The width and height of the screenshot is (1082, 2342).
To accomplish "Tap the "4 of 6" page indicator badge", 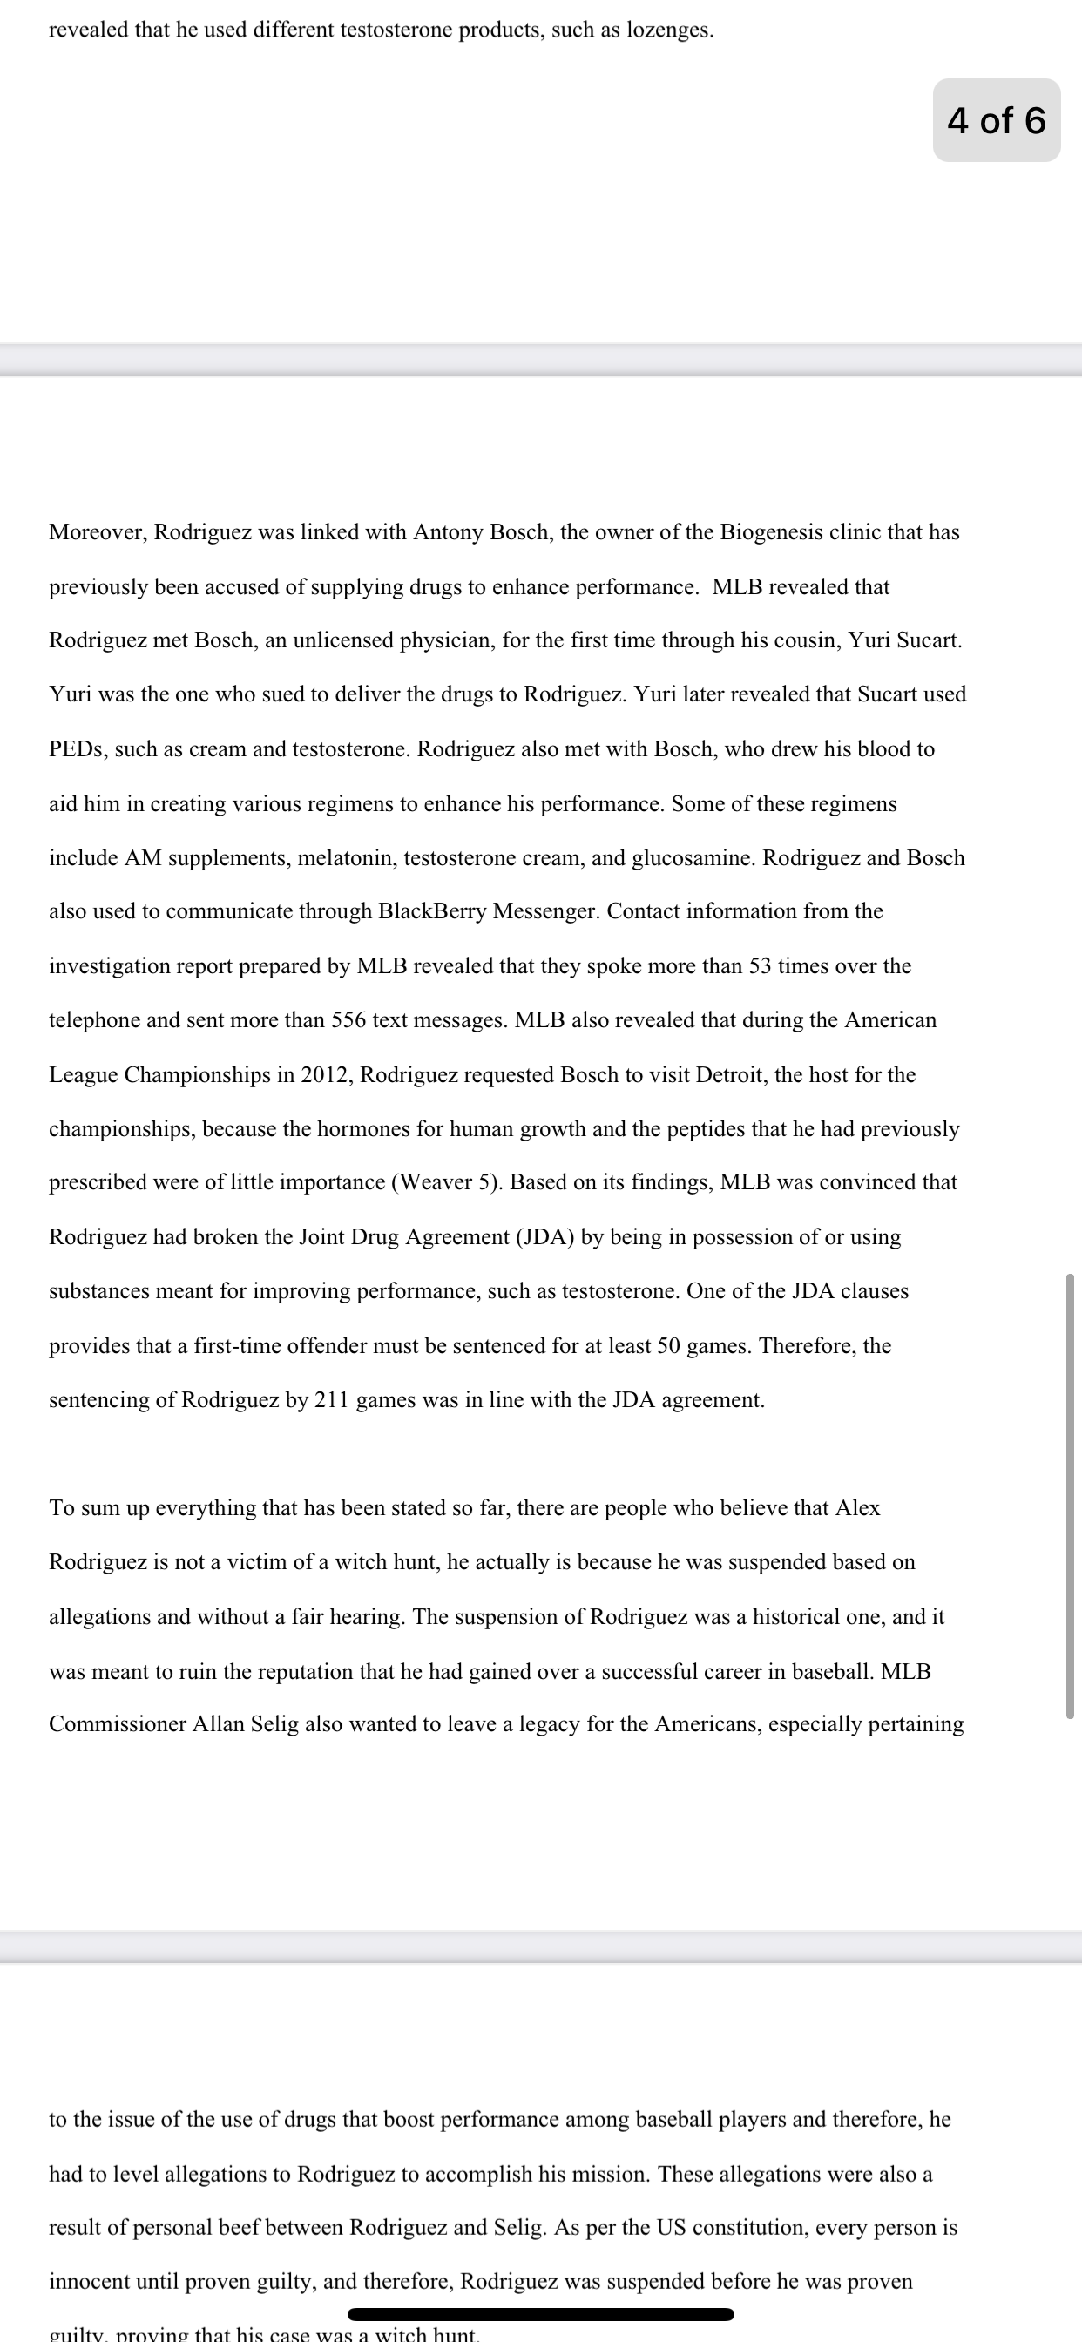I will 996,120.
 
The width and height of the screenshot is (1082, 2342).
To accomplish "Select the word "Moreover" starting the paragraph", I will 98,531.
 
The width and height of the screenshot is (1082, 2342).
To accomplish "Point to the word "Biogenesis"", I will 772,531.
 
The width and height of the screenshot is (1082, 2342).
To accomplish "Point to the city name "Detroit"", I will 731,1074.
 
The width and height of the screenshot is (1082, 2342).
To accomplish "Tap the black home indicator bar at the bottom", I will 540,2314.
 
